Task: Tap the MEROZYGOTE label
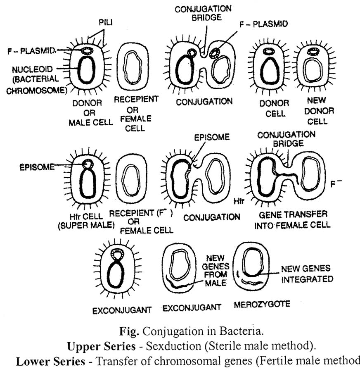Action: point(262,305)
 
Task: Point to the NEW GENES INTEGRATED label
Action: point(307,274)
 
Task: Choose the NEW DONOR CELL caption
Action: point(317,111)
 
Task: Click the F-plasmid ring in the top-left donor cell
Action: point(87,51)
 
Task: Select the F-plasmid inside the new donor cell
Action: point(314,52)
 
